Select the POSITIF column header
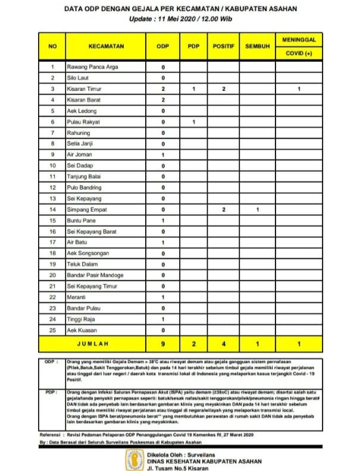tap(224, 46)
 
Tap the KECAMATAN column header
tap(106, 46)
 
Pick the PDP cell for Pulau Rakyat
tap(194, 121)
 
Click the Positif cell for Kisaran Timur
tap(224, 89)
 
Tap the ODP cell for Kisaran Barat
tap(162, 99)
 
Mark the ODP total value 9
tap(162, 343)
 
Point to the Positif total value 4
tap(224, 343)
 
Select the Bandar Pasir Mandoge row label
tap(95, 275)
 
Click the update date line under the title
tap(180, 19)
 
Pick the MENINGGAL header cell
tap(299, 39)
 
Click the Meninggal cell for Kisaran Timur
tap(299, 89)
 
